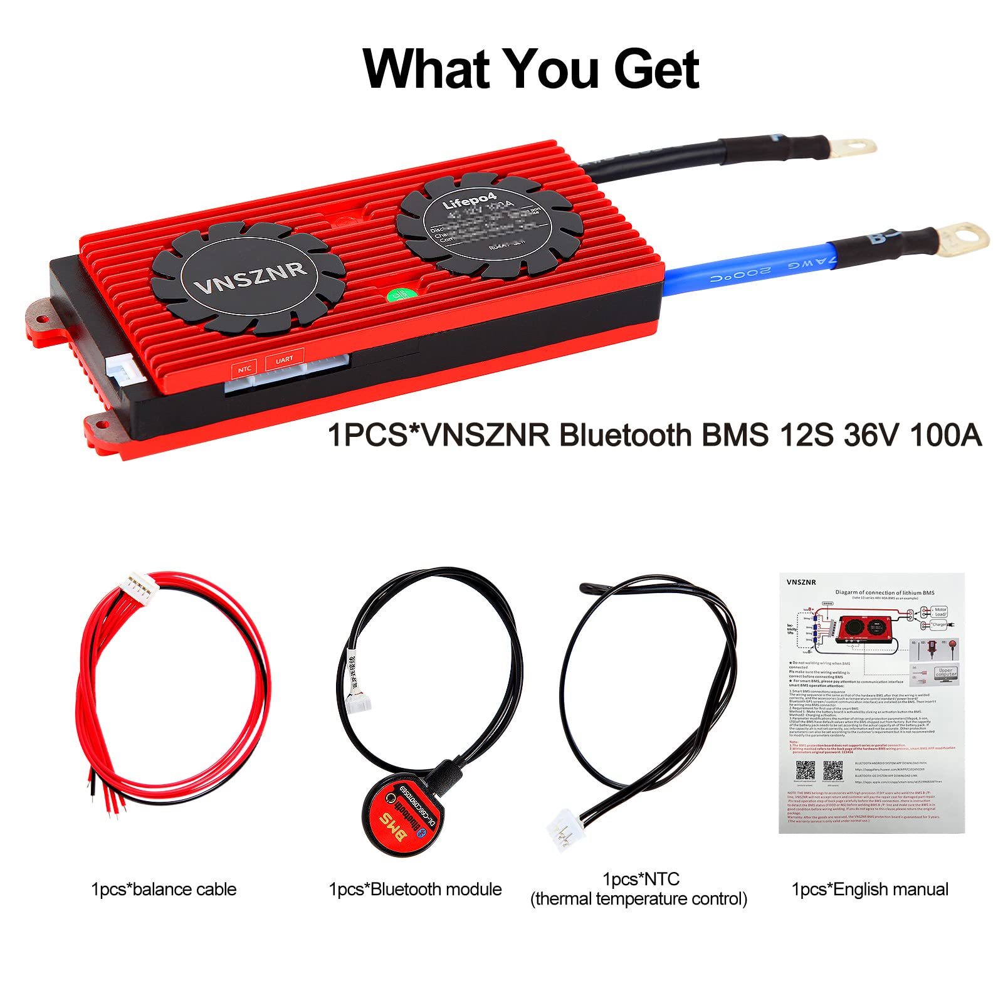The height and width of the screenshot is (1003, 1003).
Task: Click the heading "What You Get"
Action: point(530,69)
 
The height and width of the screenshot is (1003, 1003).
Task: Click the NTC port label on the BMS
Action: point(244,369)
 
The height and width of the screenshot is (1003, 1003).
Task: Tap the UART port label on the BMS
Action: point(284,359)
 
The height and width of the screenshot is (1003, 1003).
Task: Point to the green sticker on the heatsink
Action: point(400,295)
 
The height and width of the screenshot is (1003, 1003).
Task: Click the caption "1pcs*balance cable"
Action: point(164,889)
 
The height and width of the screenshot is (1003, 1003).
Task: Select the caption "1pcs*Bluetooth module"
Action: point(415,889)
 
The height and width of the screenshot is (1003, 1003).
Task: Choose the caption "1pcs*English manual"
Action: point(869,889)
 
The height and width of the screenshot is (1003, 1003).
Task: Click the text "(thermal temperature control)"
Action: point(639,899)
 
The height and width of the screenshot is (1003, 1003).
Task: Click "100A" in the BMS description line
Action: point(945,434)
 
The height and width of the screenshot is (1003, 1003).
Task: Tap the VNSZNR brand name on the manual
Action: point(801,582)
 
